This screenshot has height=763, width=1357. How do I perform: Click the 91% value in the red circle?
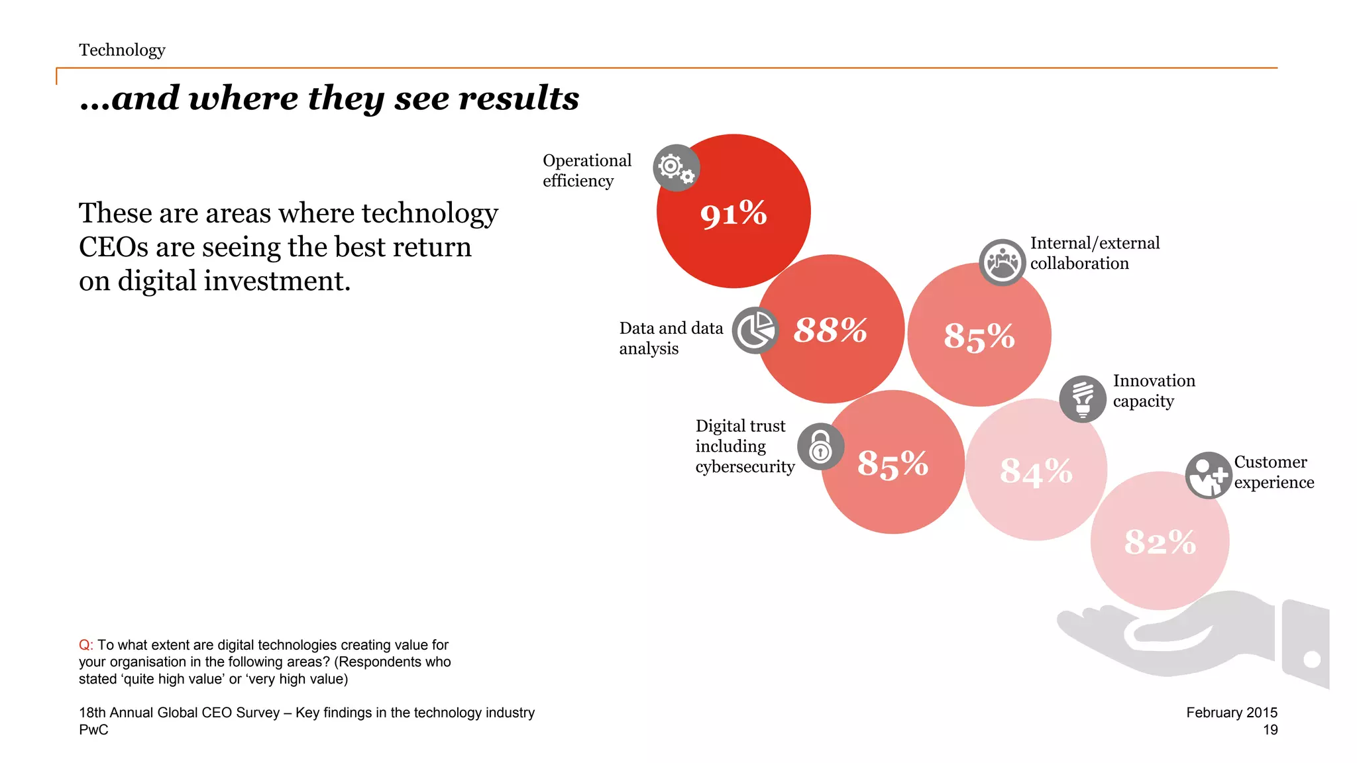[733, 214]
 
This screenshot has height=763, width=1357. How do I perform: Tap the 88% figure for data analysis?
[830, 330]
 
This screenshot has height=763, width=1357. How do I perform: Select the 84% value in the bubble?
[1036, 472]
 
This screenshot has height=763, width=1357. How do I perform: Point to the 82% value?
[1160, 542]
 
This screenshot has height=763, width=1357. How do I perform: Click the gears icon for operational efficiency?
[676, 168]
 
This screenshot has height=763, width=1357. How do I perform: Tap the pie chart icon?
[755, 330]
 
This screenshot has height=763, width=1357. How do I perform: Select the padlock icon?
[820, 446]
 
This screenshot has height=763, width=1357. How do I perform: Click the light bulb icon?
[1082, 399]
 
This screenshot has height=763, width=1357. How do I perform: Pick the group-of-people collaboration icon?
[1002, 262]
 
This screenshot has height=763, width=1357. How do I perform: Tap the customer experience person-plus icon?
[1208, 475]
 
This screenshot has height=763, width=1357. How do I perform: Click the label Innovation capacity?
[1154, 391]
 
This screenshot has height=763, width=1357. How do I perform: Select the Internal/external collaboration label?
[1095, 253]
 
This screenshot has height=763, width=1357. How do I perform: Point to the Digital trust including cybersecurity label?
[744, 446]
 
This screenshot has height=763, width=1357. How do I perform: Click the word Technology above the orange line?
[122, 50]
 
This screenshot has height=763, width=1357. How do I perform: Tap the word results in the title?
[519, 98]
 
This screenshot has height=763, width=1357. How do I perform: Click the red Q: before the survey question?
[85, 645]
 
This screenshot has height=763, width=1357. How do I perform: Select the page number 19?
[1270, 730]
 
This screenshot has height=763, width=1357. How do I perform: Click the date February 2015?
[1231, 713]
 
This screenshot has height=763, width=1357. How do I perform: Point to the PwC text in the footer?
[93, 730]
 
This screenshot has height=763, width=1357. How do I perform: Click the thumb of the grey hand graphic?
[1166, 633]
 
